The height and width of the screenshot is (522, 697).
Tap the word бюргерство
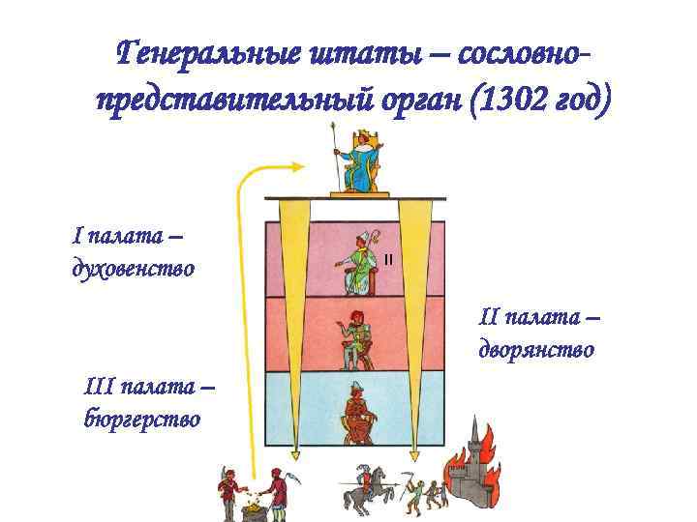coord(142,418)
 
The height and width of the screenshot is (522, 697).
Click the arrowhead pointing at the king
coord(295,168)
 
